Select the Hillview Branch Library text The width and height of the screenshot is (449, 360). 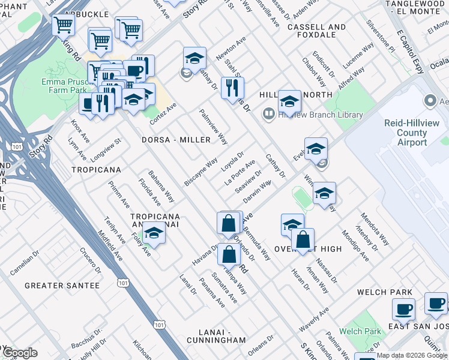click(x=321, y=115)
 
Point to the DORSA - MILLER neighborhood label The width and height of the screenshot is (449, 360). click(x=176, y=140)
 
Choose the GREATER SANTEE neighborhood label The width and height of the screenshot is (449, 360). click(x=62, y=286)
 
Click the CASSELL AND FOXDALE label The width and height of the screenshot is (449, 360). click(x=316, y=31)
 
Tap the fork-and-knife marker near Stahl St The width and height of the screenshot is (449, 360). click(x=229, y=88)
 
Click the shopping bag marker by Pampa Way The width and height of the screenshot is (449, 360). click(x=229, y=254)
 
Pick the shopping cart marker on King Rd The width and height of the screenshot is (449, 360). click(x=64, y=25)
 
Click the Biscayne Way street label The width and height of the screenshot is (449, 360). click(x=202, y=172)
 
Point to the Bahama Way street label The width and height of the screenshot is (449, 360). click(x=162, y=187)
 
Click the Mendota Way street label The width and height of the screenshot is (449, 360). click(x=375, y=228)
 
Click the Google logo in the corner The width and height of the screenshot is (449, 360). click(x=20, y=353)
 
